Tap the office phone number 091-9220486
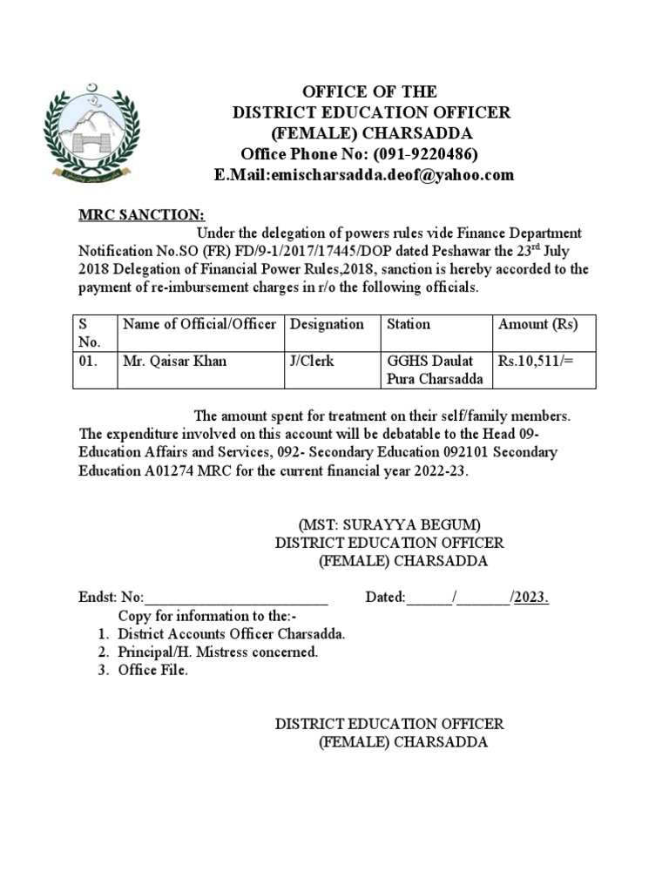coord(426,154)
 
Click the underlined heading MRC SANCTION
coord(142,215)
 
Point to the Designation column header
coord(327,325)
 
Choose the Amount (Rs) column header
coord(537,325)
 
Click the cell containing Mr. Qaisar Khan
coord(174,361)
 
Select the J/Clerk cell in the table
coord(311,361)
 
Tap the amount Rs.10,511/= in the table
coord(536,361)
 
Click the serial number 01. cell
coord(88,361)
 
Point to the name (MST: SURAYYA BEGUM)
coord(389,524)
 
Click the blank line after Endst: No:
coord(235,598)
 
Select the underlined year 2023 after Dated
coord(531,598)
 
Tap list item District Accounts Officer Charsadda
coord(232,634)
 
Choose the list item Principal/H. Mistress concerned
coord(218,652)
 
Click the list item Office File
coord(152,671)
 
